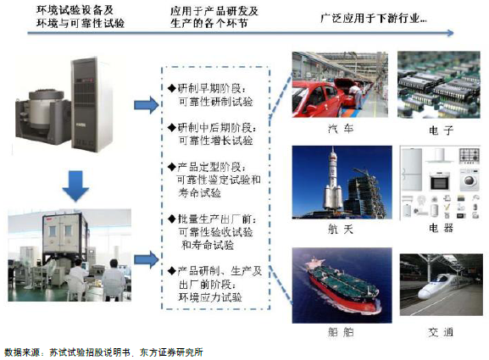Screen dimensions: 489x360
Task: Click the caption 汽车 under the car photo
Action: pyautogui.click(x=341, y=129)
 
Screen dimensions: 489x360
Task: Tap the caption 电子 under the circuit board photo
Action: pyautogui.click(x=441, y=130)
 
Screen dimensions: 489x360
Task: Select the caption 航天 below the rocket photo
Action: pyautogui.click(x=341, y=230)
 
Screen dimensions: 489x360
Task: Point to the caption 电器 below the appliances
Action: pyautogui.click(x=441, y=228)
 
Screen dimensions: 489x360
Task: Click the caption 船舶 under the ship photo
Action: pyautogui.click(x=341, y=332)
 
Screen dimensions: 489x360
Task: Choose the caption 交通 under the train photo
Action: pyautogui.click(x=441, y=332)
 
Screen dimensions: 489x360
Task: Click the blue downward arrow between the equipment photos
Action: pyautogui.click(x=75, y=186)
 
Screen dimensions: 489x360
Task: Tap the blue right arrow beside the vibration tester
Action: pyautogui.click(x=147, y=105)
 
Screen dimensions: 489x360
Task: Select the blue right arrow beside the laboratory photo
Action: pyautogui.click(x=147, y=260)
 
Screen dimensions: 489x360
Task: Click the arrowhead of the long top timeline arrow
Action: pyautogui.click(x=451, y=33)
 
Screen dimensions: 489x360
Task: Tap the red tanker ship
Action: pyautogui.click(x=342, y=285)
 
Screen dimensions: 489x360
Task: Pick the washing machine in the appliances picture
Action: pyautogui.click(x=469, y=180)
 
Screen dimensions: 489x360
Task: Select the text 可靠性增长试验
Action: pyautogui.click(x=215, y=141)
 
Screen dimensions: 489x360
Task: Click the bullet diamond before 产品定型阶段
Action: pyautogui.click(x=172, y=167)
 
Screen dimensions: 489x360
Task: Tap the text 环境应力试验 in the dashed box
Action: pyautogui.click(x=210, y=297)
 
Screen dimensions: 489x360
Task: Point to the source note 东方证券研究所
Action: pyautogui.click(x=171, y=352)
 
